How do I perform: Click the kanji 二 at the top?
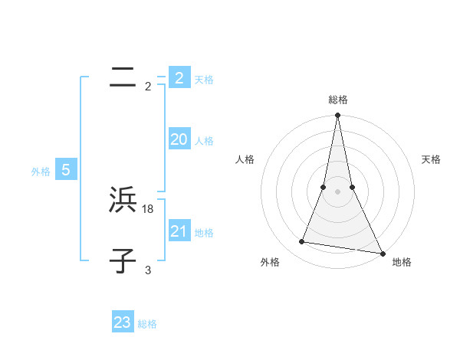click(x=123, y=77)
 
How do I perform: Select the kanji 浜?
click(x=123, y=201)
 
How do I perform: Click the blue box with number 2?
click(x=179, y=77)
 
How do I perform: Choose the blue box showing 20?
click(x=179, y=139)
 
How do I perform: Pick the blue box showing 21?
click(x=179, y=231)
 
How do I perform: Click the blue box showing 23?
click(x=123, y=322)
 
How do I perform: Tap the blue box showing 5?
click(x=66, y=170)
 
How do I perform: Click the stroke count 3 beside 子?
click(x=148, y=270)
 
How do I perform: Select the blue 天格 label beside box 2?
click(x=204, y=80)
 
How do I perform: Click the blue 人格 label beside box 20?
click(x=204, y=141)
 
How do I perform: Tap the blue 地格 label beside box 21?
click(x=204, y=233)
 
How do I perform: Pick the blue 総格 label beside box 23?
click(x=147, y=324)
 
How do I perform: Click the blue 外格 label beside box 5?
click(x=41, y=172)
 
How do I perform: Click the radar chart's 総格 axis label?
click(x=338, y=100)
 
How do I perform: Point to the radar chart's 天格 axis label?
click(x=432, y=159)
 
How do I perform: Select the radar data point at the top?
click(x=338, y=116)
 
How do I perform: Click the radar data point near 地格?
click(x=382, y=253)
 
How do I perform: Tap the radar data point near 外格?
click(x=302, y=242)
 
